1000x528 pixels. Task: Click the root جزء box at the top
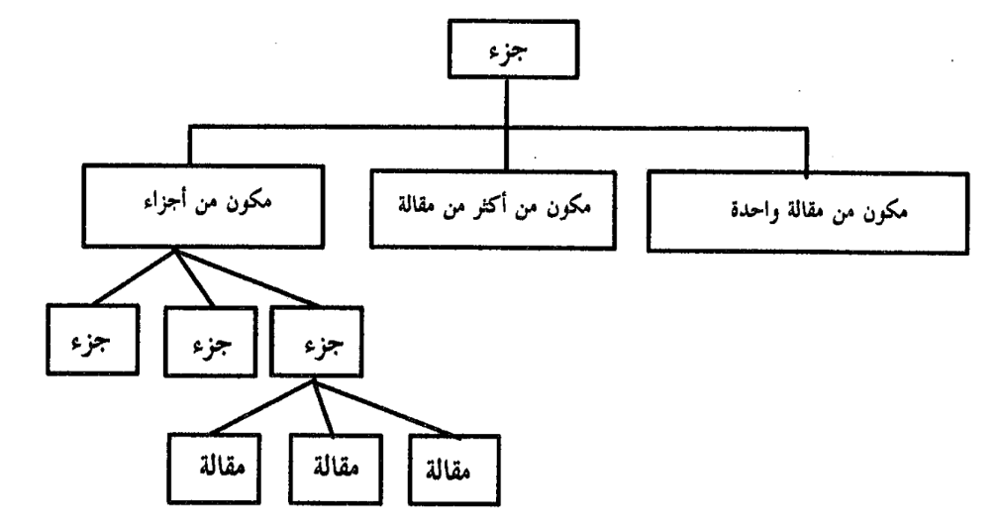[x=514, y=50]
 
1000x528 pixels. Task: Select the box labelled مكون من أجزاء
[x=203, y=206]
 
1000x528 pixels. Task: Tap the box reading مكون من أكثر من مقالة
[x=493, y=209]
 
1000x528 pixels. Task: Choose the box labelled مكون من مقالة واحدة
[x=807, y=213]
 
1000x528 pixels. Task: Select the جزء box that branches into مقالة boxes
[x=317, y=341]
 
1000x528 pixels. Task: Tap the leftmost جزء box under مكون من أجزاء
[x=92, y=339]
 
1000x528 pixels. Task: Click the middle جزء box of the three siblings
[x=211, y=341]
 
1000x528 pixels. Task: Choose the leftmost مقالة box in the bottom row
[x=214, y=469]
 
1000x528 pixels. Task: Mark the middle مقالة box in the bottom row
[x=336, y=470]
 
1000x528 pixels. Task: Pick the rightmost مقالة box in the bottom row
[x=454, y=471]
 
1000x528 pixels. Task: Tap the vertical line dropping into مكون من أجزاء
[x=190, y=147]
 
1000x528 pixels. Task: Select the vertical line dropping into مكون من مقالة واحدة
[x=807, y=152]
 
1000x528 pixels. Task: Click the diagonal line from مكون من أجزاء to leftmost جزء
[x=134, y=276]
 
